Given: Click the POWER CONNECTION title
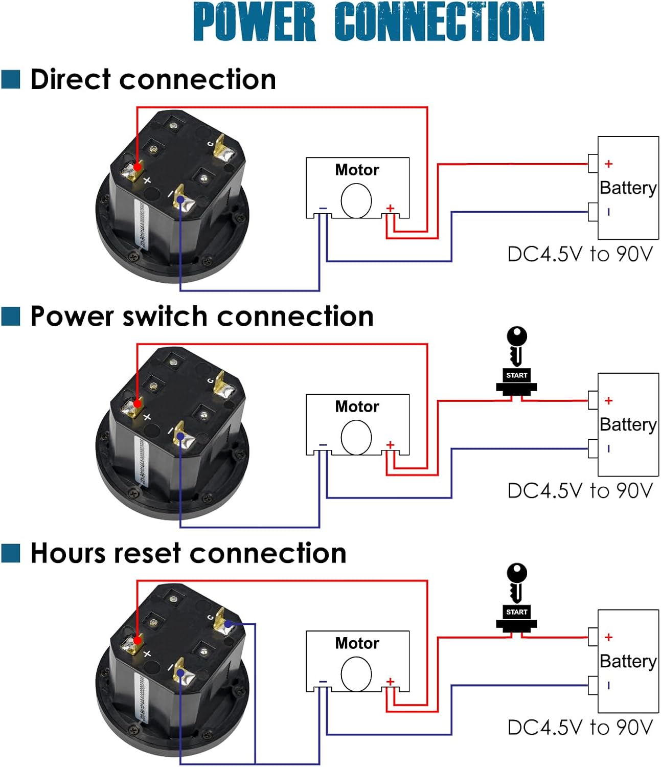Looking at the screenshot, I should [369, 21].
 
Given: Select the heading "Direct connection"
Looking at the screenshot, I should [153, 80].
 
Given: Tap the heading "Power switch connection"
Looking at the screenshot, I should [202, 317].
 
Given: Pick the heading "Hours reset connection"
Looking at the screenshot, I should [188, 553].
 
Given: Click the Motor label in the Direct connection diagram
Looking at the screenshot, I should [357, 170].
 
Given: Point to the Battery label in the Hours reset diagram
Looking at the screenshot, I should [628, 661].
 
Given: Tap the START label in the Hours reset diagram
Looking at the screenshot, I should [516, 612].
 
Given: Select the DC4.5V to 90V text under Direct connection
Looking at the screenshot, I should [580, 254].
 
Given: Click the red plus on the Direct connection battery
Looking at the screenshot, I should [608, 164].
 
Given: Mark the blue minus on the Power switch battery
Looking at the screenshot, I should [608, 448].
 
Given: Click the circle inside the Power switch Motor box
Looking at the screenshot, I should [356, 437].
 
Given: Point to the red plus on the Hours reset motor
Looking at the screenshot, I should [390, 682].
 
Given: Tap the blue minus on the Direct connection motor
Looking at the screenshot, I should [323, 208].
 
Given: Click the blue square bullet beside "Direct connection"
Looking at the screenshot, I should [11, 80].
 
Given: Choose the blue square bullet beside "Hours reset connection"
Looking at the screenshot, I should [11, 553].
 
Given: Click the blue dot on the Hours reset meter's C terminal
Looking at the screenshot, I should [228, 623].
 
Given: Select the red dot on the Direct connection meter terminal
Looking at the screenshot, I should [137, 167].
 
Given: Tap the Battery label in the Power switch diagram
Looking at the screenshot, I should [628, 424].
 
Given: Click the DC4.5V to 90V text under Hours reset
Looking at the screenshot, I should [580, 728].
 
